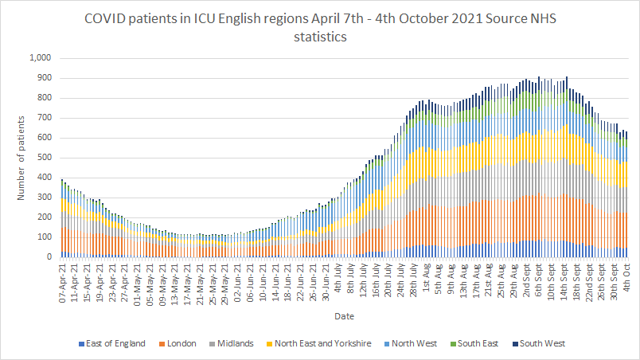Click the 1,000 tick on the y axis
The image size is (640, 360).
39,58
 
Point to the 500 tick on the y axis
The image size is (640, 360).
44,158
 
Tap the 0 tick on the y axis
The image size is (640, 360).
49,257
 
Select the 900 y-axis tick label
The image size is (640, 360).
44,78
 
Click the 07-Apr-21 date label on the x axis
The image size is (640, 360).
63,277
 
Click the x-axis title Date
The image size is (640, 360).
345,316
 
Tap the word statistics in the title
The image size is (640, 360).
320,37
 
